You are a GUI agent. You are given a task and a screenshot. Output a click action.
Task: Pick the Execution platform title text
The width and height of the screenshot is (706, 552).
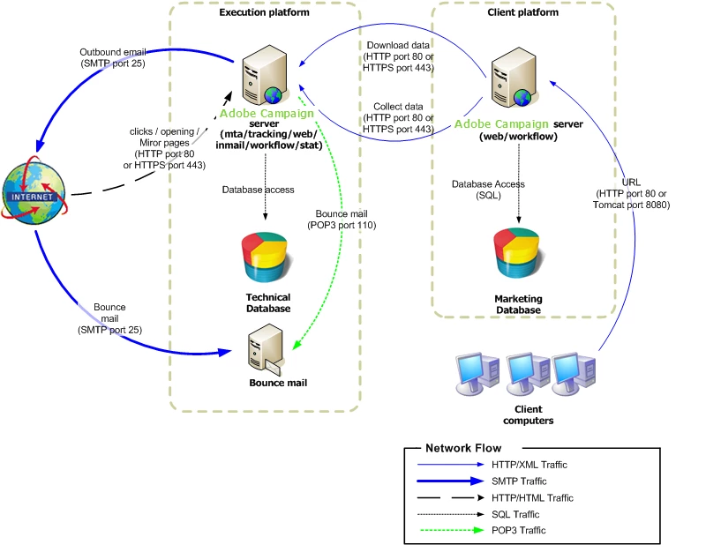pos(265,12)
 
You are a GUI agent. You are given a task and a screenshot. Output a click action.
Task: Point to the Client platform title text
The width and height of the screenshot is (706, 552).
pos(523,12)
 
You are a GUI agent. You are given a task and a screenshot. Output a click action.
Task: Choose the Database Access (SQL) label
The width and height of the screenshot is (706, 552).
pos(488,190)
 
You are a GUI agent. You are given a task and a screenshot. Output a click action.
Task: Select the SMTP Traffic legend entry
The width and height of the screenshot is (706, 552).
pos(522,481)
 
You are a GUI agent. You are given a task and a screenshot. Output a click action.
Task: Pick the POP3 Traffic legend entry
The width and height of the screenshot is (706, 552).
pos(522,530)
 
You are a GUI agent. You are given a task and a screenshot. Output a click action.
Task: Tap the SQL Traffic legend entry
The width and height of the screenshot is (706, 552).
pos(520,514)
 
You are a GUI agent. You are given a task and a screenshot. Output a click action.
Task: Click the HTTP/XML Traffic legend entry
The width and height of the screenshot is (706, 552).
pos(529,465)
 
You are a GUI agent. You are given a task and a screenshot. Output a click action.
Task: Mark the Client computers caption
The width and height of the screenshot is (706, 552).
pos(528,414)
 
